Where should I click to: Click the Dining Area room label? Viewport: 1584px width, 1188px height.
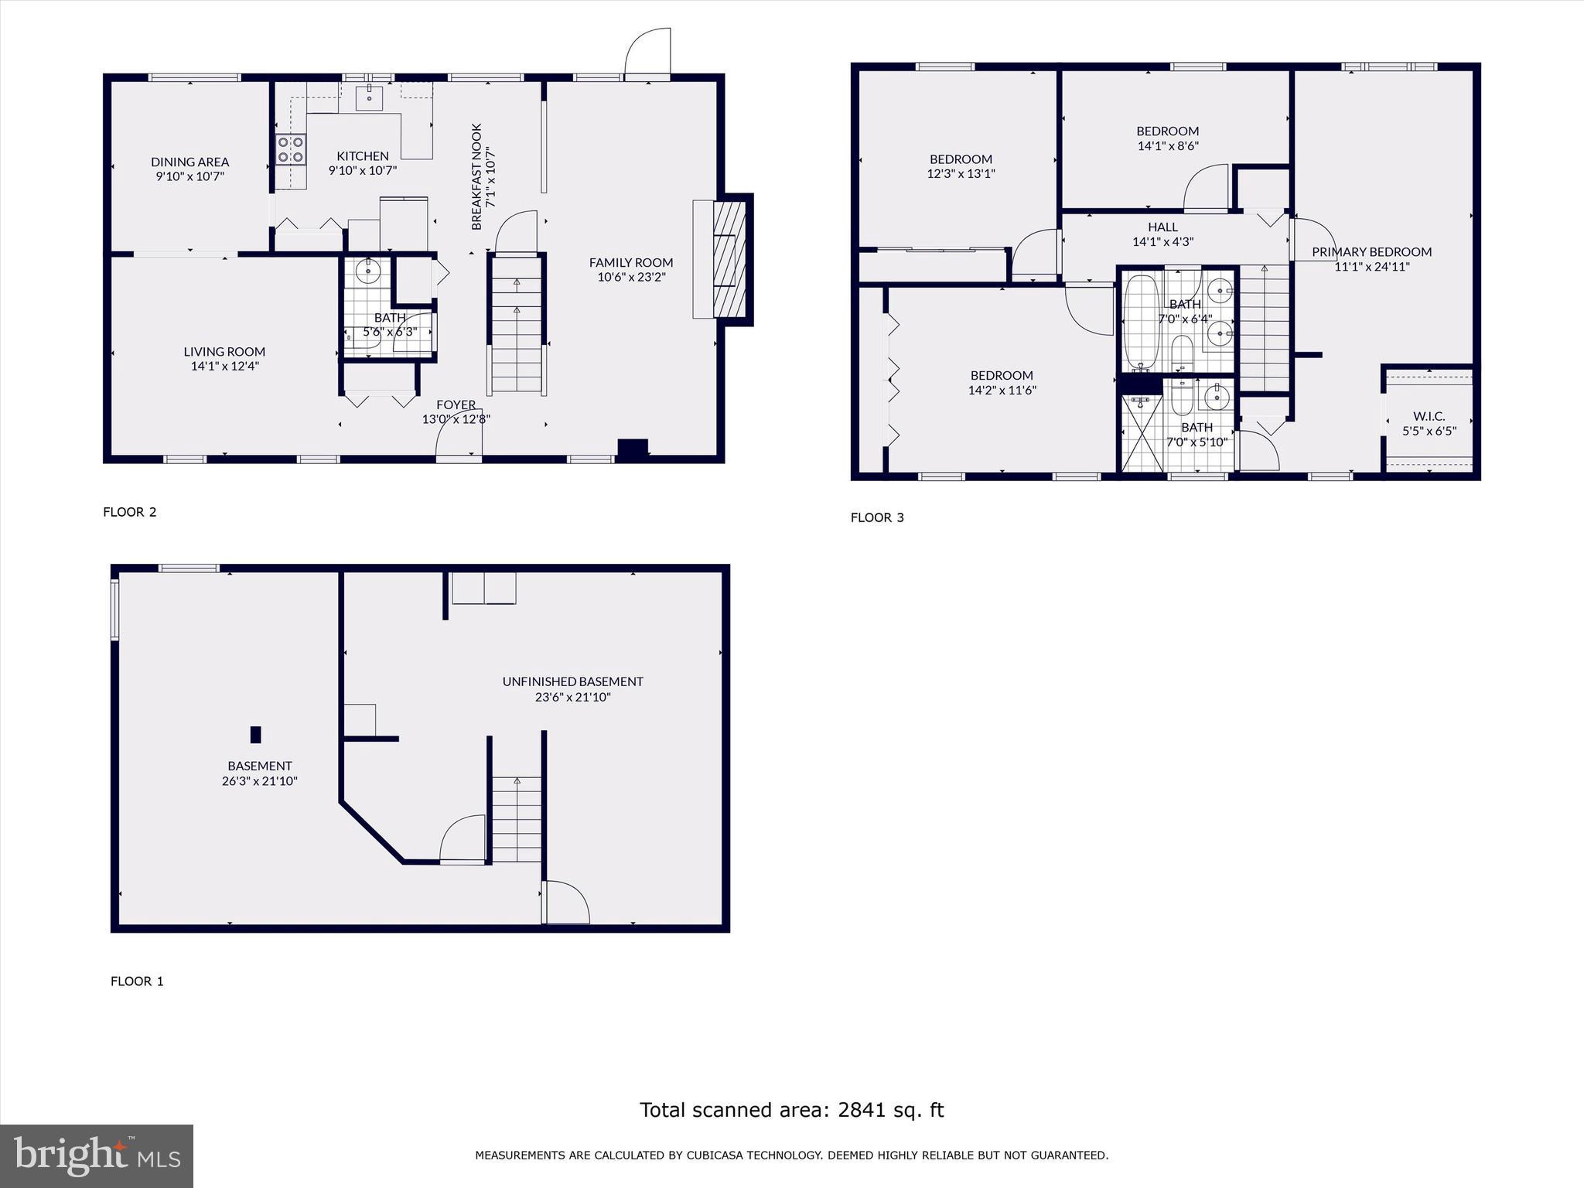pos(189,162)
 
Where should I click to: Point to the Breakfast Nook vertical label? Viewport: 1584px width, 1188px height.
pos(476,176)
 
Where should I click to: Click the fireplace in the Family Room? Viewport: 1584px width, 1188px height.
pos(729,259)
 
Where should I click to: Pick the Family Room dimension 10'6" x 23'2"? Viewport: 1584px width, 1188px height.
pos(631,277)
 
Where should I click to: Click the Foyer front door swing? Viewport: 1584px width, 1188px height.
pos(459,435)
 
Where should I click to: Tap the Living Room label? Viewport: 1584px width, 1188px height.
pos(224,351)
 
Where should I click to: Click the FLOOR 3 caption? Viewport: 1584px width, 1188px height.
pos(877,517)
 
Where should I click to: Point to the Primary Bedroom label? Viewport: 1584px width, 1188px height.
pos(1371,251)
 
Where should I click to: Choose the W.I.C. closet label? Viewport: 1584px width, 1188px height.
pos(1429,416)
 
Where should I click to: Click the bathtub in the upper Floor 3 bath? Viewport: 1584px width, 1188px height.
pos(1140,323)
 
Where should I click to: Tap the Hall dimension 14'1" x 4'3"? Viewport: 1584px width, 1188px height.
pos(1162,241)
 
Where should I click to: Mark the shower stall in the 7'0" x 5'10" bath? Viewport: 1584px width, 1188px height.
pos(1142,433)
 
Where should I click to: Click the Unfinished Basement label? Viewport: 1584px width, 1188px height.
pos(572,681)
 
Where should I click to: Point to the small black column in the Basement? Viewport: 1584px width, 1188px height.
pos(256,734)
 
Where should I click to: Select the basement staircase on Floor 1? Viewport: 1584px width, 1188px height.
pos(517,820)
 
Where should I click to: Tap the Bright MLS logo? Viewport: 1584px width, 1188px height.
pos(97,1156)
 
